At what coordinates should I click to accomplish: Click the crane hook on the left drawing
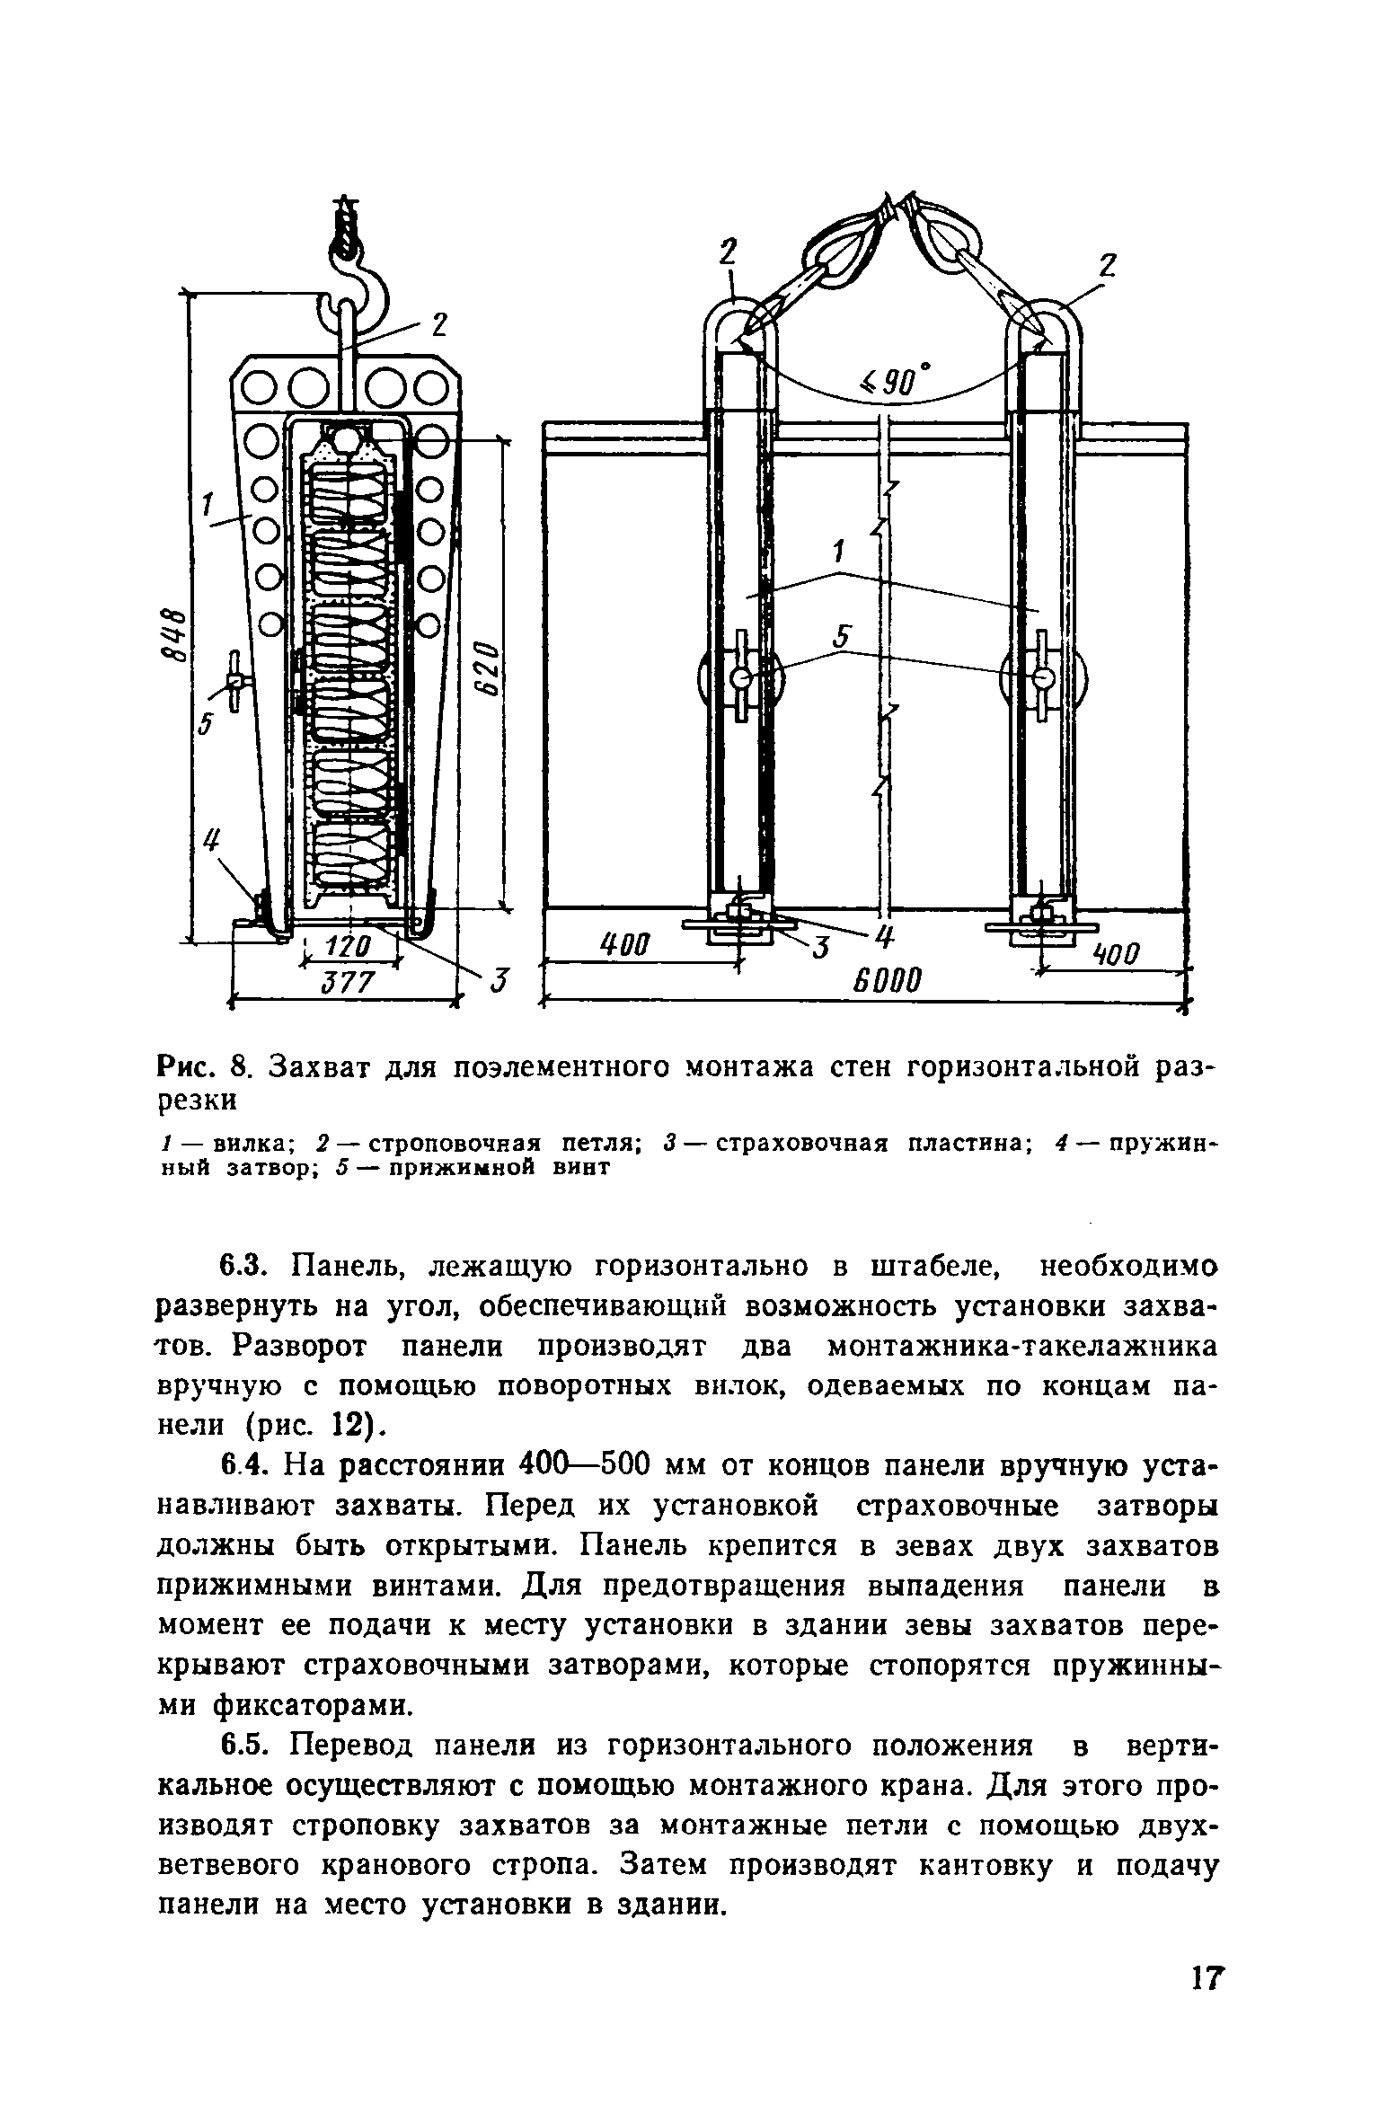[357, 270]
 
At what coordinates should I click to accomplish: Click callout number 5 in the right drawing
[841, 637]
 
